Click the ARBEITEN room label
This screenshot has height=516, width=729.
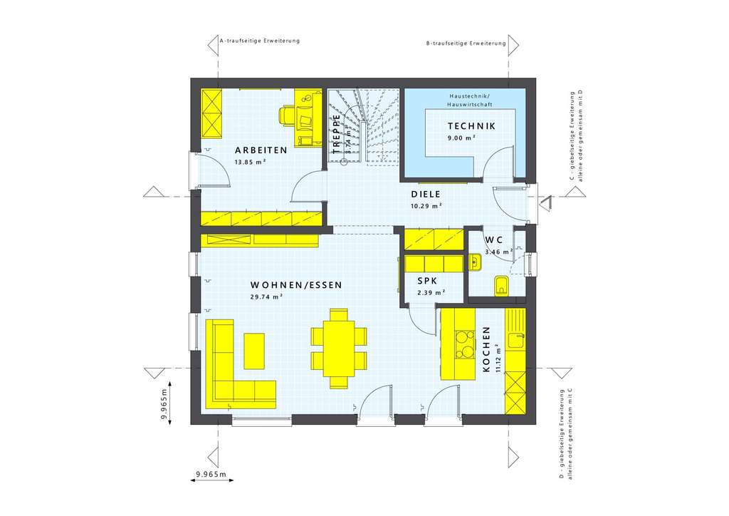[x=261, y=150]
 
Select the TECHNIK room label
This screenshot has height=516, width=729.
[x=472, y=127]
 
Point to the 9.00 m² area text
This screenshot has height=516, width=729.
[x=461, y=138]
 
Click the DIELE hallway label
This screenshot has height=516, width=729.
[x=426, y=194]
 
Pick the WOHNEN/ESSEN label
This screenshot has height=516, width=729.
[x=295, y=285]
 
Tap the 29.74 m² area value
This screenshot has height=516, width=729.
[x=266, y=297]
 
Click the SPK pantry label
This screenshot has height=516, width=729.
[x=429, y=281]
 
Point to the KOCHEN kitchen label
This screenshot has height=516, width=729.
[x=486, y=349]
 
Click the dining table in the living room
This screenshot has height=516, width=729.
[x=339, y=347]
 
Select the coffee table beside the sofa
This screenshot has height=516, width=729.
[x=254, y=351]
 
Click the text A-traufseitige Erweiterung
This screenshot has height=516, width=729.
[x=259, y=41]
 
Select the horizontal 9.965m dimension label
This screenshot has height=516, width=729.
[x=211, y=474]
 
